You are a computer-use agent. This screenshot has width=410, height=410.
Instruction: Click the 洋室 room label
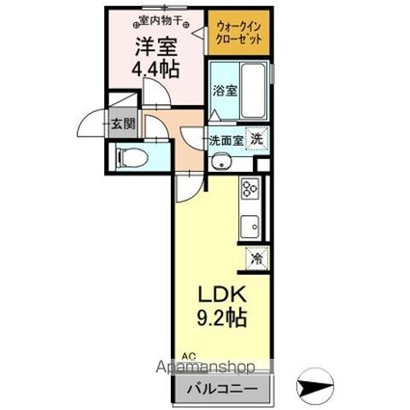tap(156, 46)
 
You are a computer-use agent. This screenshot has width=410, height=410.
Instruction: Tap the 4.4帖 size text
tap(155, 69)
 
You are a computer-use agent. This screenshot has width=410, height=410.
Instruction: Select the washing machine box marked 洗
tap(258, 138)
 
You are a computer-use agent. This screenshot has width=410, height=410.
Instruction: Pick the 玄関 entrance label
tap(121, 123)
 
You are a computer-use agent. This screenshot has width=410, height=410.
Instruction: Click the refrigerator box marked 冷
tap(257, 258)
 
